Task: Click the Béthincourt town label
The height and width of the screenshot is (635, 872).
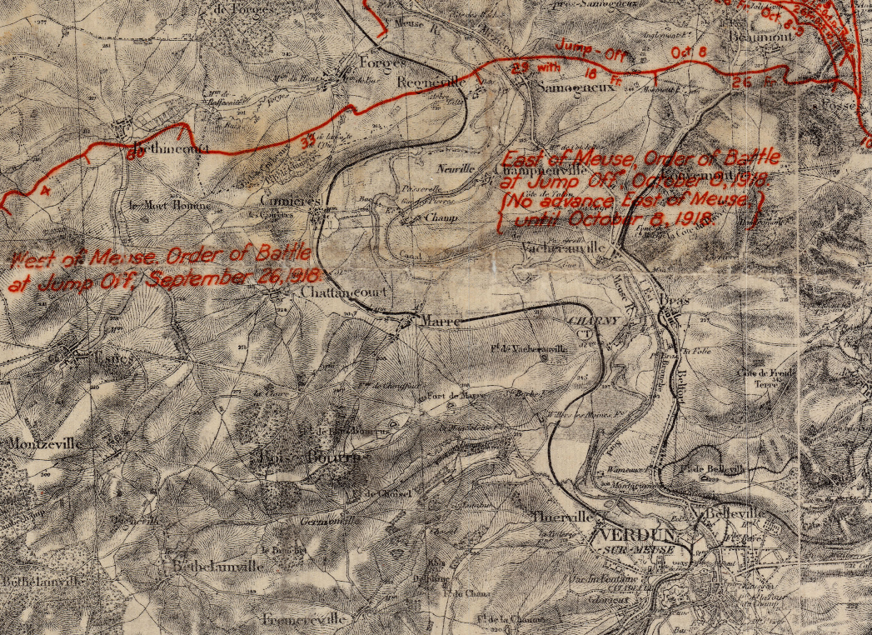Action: (161, 153)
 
